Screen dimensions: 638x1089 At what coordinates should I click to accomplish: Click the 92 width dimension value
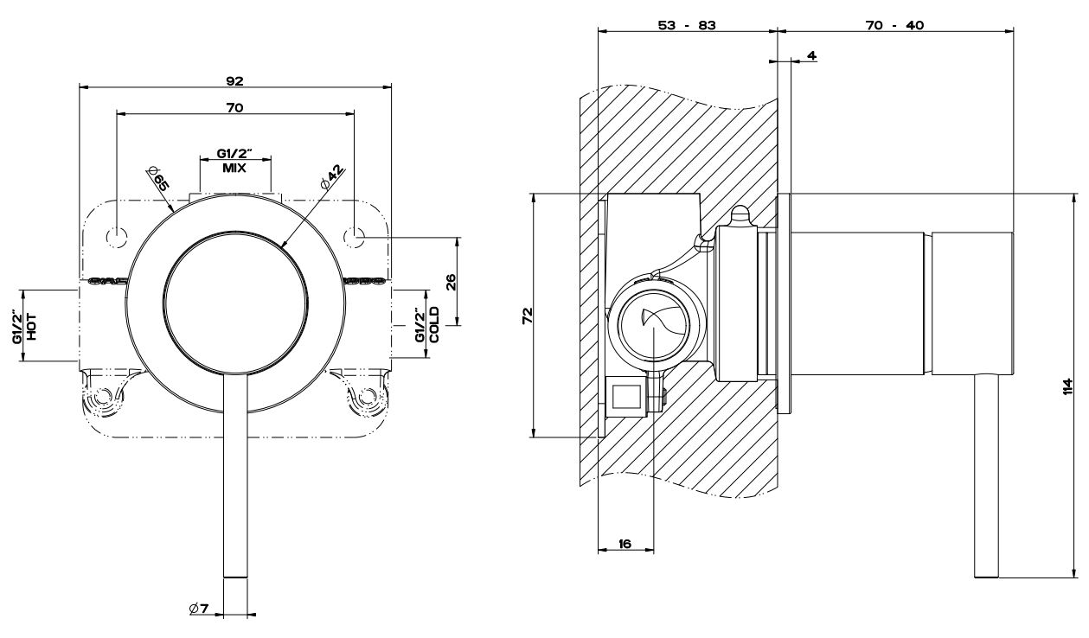234,80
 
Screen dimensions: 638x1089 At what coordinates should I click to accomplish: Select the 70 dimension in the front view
234,108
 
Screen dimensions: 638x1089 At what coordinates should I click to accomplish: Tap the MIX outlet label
234,169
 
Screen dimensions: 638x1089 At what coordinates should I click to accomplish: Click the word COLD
434,325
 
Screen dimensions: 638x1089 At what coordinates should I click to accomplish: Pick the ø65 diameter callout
157,182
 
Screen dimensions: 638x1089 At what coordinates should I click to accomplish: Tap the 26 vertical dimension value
451,282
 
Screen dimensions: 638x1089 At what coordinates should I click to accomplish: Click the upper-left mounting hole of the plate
117,235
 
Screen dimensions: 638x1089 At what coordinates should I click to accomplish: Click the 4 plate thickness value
810,55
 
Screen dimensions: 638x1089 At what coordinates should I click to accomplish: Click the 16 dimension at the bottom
625,544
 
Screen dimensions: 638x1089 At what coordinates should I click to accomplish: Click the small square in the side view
625,397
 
